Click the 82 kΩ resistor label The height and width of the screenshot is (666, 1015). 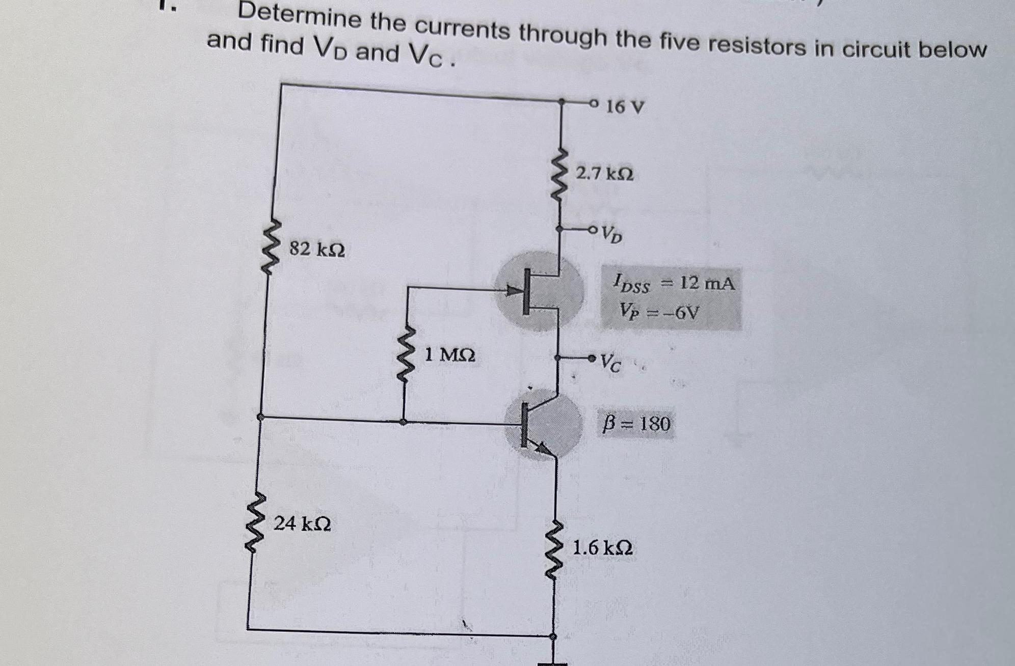coord(317,249)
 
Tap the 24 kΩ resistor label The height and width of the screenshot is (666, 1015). coord(302,523)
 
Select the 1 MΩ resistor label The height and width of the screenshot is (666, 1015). coord(450,354)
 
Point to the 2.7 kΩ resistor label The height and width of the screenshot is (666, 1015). coord(605,174)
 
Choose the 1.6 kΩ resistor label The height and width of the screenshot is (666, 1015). coord(603,548)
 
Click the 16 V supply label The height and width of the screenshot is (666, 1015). coord(625,107)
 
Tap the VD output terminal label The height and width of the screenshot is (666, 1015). coord(611,234)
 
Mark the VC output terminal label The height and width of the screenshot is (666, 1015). coord(610,363)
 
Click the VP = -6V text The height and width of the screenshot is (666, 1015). coord(660,311)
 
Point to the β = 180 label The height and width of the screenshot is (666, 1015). coord(636,424)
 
